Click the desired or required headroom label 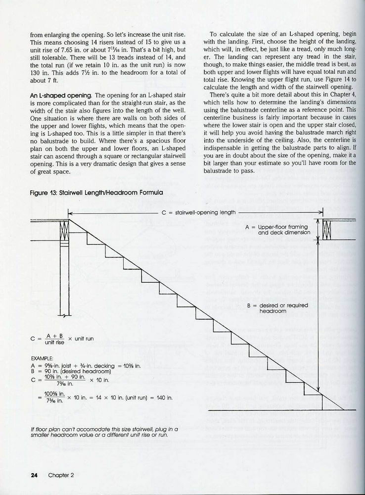click(273, 309)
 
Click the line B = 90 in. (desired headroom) click(66, 370)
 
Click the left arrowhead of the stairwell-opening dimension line click(70, 213)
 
